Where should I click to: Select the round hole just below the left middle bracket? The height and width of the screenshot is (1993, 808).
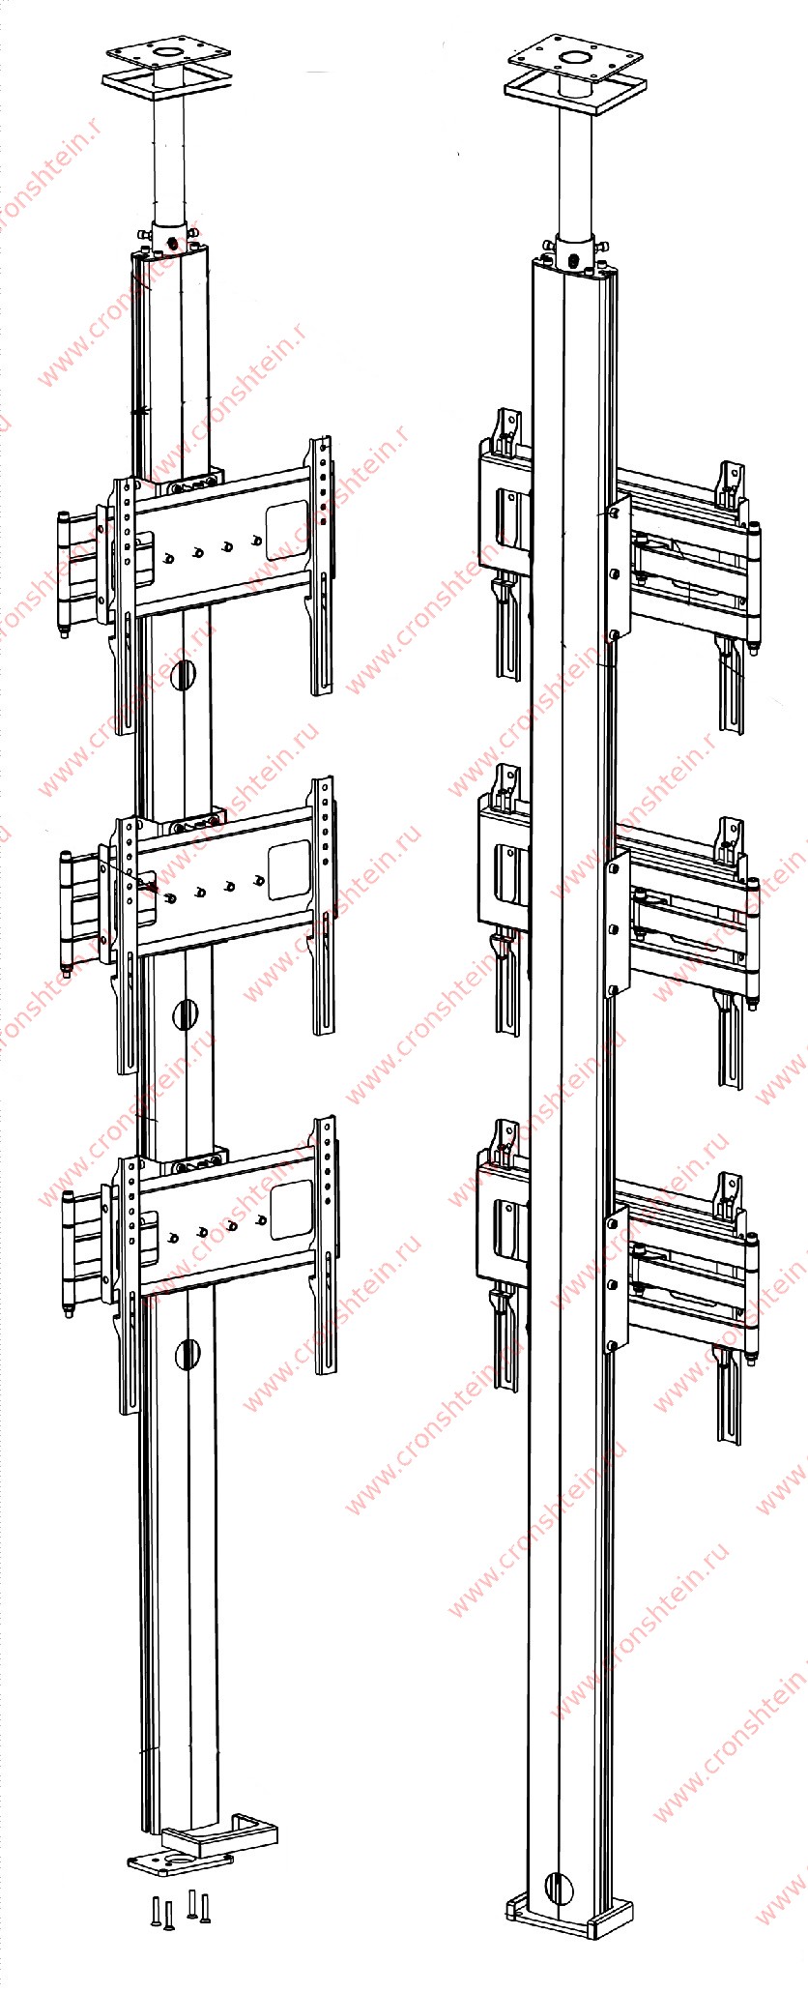point(185,1014)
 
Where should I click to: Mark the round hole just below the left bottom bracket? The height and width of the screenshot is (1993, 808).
point(188,1355)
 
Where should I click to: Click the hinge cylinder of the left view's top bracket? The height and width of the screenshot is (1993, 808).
point(65,574)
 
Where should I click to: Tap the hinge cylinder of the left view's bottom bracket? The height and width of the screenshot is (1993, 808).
point(68,1254)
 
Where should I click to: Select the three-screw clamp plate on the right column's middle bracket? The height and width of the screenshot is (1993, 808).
point(617,925)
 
